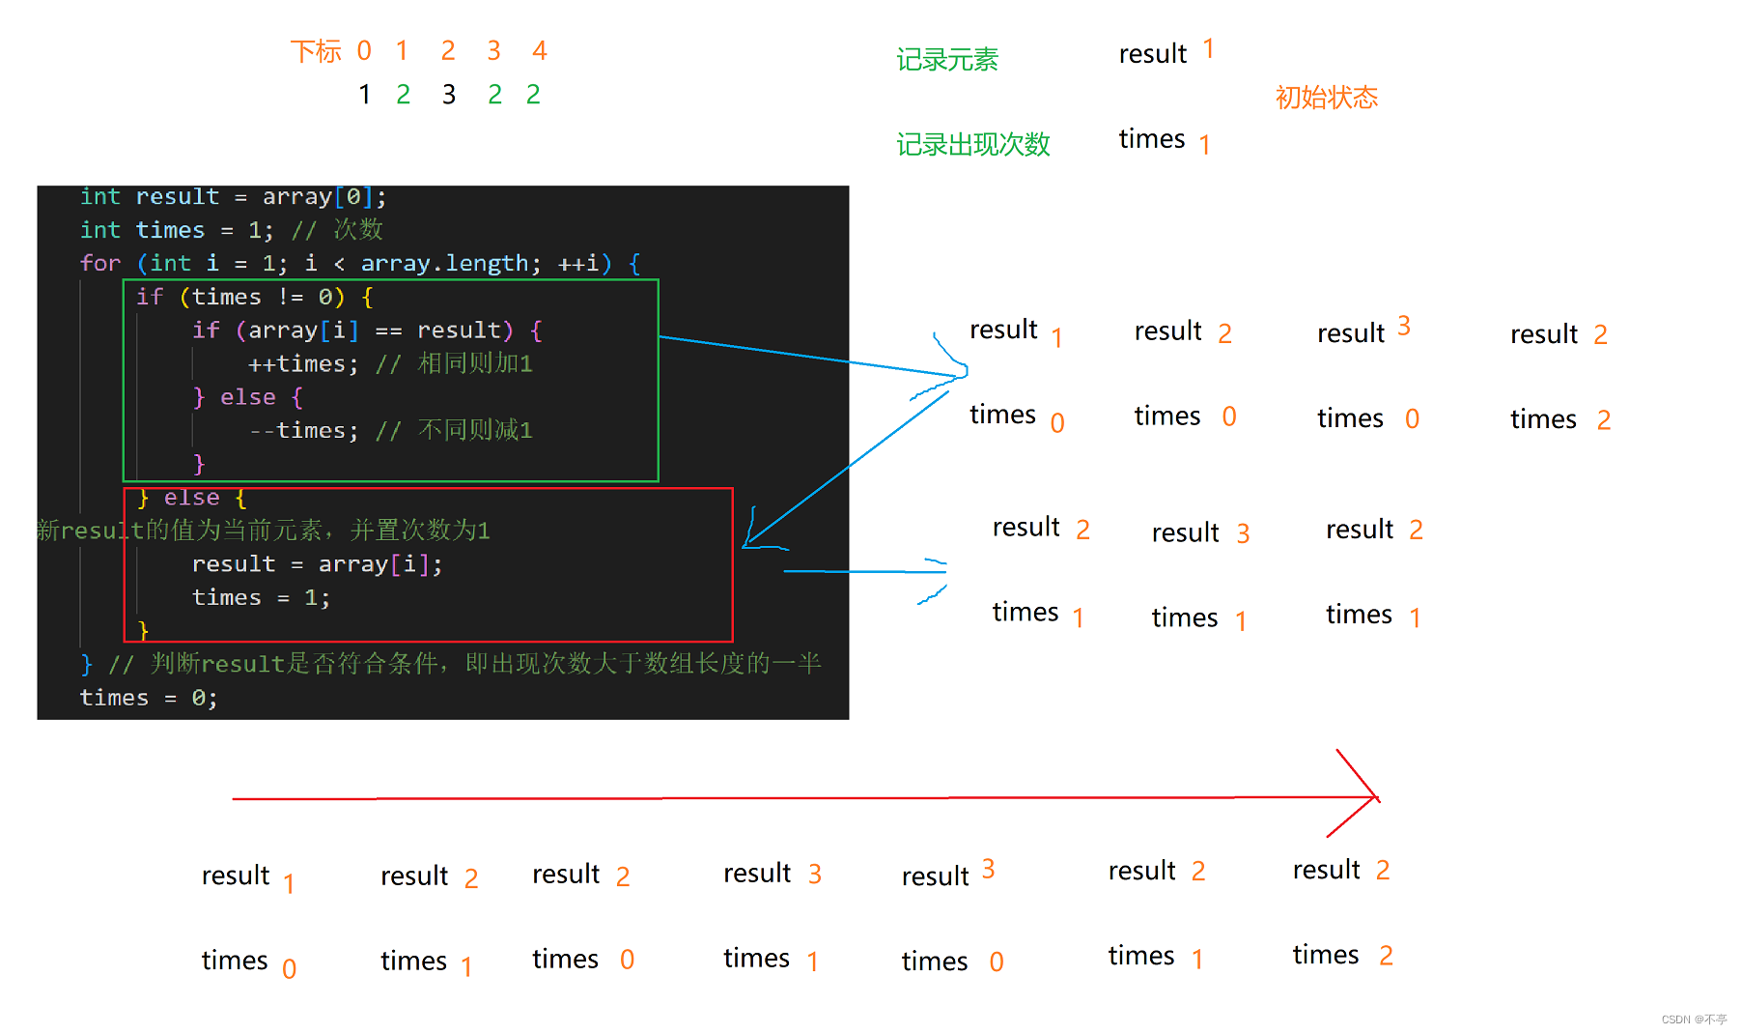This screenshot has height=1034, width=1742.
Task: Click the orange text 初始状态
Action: (1326, 98)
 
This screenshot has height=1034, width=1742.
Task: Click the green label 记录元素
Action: (946, 60)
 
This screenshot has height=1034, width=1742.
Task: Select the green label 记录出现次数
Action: (972, 145)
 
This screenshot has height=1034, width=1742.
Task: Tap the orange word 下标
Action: (316, 51)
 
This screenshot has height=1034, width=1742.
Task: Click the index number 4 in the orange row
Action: (540, 50)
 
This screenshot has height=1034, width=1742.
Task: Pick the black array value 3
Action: (449, 95)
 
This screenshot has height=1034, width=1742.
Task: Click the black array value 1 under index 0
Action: (364, 95)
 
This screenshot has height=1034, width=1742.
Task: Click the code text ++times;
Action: (302, 364)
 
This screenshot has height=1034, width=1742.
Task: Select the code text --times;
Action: (303, 431)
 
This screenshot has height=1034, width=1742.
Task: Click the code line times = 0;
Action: (148, 698)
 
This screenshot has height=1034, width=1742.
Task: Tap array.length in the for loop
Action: (444, 264)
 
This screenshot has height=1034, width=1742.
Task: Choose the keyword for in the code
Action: (100, 264)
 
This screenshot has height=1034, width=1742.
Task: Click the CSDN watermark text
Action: (1694, 1020)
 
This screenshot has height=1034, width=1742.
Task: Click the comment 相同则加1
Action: (475, 364)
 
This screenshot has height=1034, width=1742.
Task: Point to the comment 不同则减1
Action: (475, 431)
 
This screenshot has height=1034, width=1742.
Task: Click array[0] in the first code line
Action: (318, 197)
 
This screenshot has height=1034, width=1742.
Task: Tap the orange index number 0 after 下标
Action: (364, 50)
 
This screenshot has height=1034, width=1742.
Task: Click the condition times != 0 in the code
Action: (262, 298)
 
